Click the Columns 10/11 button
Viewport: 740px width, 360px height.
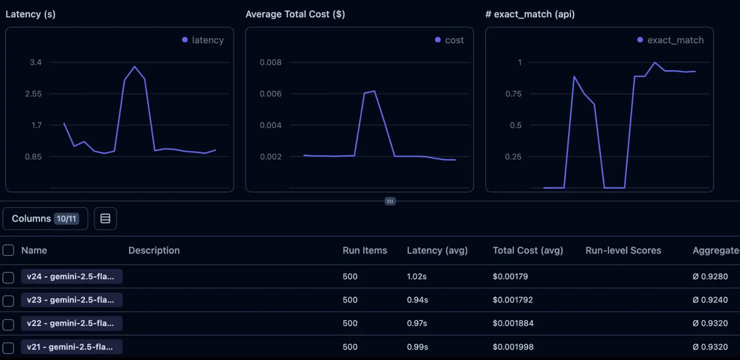pyautogui.click(x=45, y=218)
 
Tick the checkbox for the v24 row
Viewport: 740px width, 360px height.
pyautogui.click(x=8, y=277)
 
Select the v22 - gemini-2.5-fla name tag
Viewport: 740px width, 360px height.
pyautogui.click(x=72, y=323)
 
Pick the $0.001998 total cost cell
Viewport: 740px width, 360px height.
pyautogui.click(x=512, y=347)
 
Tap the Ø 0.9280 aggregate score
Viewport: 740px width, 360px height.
pyautogui.click(x=710, y=277)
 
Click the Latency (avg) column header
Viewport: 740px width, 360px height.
pyautogui.click(x=437, y=250)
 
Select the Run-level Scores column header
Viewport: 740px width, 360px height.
pyautogui.click(x=623, y=250)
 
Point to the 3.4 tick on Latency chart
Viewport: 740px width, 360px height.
pyautogui.click(x=35, y=62)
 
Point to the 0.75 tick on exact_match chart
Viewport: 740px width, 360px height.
pyautogui.click(x=512, y=94)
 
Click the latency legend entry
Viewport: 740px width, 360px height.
pyautogui.click(x=203, y=40)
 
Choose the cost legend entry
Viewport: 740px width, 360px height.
pyautogui.click(x=449, y=40)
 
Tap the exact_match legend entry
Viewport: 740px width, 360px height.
pyautogui.click(x=670, y=40)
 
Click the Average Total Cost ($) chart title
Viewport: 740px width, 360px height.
pyautogui.click(x=295, y=14)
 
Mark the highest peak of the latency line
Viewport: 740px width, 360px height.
pyautogui.click(x=134, y=67)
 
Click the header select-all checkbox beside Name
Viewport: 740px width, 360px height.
pyautogui.click(x=8, y=250)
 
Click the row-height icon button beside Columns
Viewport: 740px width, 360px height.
pyautogui.click(x=105, y=218)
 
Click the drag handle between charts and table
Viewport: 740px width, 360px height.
pyautogui.click(x=390, y=201)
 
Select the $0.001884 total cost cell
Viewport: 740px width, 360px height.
pyautogui.click(x=512, y=324)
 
